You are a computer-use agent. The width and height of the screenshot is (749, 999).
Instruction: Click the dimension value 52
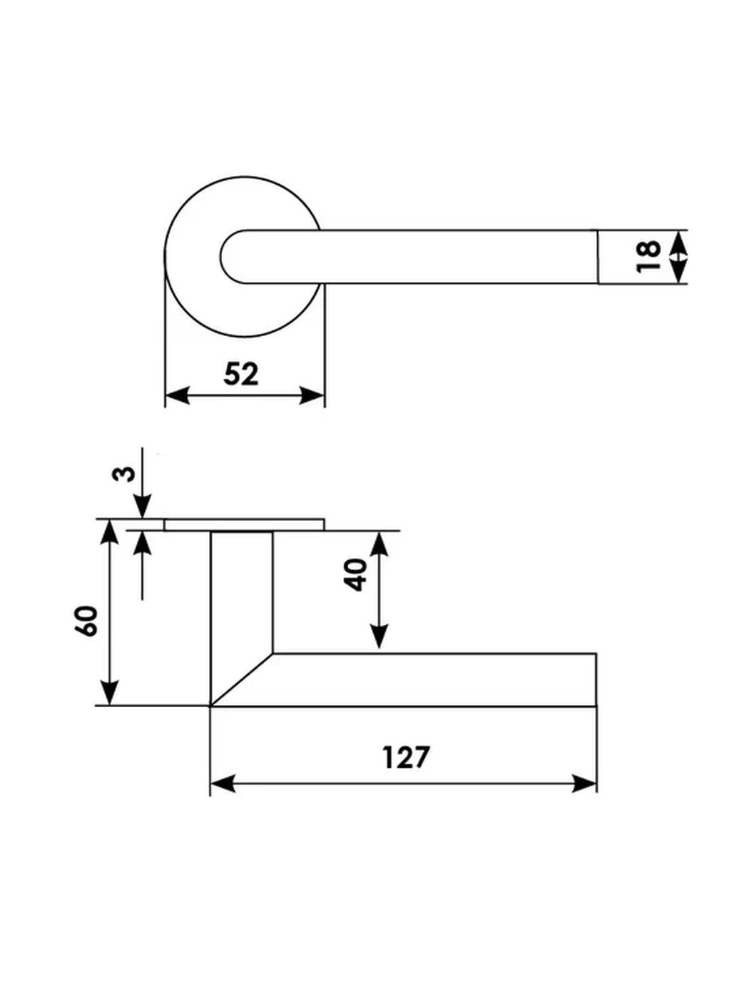pyautogui.click(x=241, y=375)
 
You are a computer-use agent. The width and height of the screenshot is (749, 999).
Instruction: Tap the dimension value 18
pyautogui.click(x=648, y=257)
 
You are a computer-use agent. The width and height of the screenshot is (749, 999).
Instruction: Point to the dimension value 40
pyautogui.click(x=357, y=574)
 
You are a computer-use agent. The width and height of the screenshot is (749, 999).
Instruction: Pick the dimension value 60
pyautogui.click(x=86, y=622)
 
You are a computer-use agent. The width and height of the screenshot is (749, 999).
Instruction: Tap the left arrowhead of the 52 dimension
pyautogui.click(x=177, y=395)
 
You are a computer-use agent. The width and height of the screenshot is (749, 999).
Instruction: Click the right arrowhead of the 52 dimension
pyautogui.click(x=312, y=395)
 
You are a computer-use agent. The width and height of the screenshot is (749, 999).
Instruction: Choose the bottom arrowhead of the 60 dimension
pyautogui.click(x=109, y=693)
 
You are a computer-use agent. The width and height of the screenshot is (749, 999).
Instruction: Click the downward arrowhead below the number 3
pyautogui.click(x=143, y=507)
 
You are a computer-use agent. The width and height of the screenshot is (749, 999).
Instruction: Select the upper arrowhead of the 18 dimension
pyautogui.click(x=678, y=242)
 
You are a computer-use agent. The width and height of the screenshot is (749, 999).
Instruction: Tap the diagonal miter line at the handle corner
pyautogui.click(x=242, y=680)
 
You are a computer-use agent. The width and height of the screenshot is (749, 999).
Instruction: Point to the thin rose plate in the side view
pyautogui.click(x=245, y=524)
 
